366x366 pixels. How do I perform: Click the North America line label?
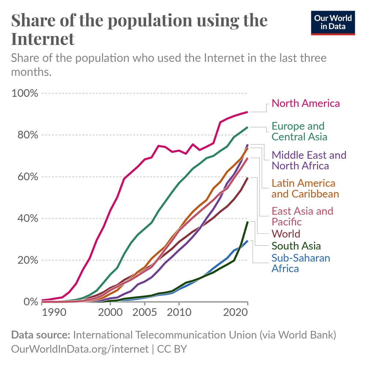pyautogui.click(x=306, y=103)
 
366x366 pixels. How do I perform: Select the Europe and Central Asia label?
pyautogui.click(x=299, y=131)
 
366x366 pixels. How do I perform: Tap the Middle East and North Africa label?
pyautogui.click(x=309, y=160)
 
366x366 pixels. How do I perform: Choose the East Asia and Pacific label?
pyautogui.click(x=302, y=216)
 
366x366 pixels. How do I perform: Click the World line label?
pyautogui.click(x=285, y=234)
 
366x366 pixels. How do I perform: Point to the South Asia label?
pyautogui.click(x=296, y=246)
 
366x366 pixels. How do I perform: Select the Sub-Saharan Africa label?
pyautogui.click(x=300, y=263)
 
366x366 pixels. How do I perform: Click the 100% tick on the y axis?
pyautogui.click(x=25, y=93)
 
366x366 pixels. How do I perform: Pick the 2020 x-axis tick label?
pyautogui.click(x=236, y=314)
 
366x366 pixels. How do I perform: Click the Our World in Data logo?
pyautogui.click(x=333, y=23)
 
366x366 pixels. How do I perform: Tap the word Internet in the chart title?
pyautogui.click(x=43, y=39)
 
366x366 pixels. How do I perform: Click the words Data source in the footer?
pyautogui.click(x=40, y=335)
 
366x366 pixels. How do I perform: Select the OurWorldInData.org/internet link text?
pyautogui.click(x=80, y=349)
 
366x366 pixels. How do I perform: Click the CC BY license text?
pyautogui.click(x=172, y=349)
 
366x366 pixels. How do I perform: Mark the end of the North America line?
pyautogui.click(x=248, y=112)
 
